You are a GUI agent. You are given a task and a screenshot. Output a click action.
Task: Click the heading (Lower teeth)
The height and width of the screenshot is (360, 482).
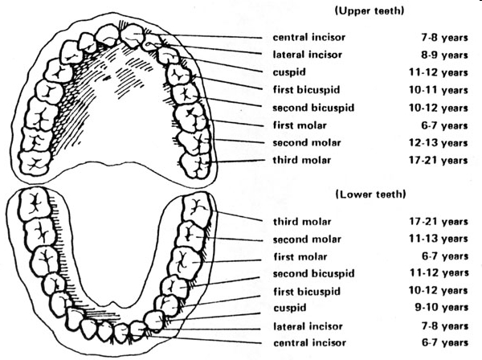[x=363, y=194]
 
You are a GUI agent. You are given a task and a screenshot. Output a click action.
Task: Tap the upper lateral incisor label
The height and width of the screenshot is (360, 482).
[x=308, y=55]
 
